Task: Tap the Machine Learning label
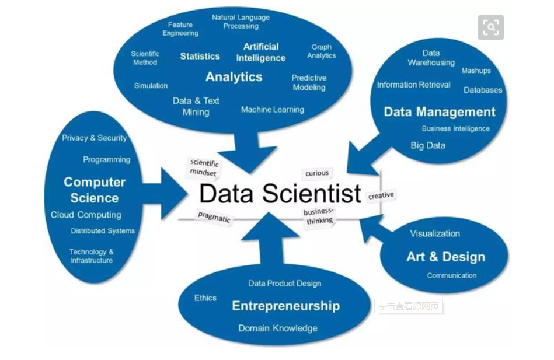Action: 272,109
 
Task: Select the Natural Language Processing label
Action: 241,22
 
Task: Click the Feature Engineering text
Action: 180,29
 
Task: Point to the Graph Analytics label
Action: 321,51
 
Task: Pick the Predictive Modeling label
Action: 309,82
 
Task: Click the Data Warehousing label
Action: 431,57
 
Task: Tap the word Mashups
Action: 476,71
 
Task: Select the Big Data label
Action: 428,145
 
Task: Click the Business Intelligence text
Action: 455,128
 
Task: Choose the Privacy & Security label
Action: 94,138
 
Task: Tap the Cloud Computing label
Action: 86,215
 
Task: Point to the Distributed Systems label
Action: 103,231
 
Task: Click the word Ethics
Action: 205,298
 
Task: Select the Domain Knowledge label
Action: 277,328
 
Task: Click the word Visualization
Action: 434,233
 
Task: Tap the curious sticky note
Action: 317,173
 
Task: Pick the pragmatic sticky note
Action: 214,218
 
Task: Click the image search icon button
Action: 491,27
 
